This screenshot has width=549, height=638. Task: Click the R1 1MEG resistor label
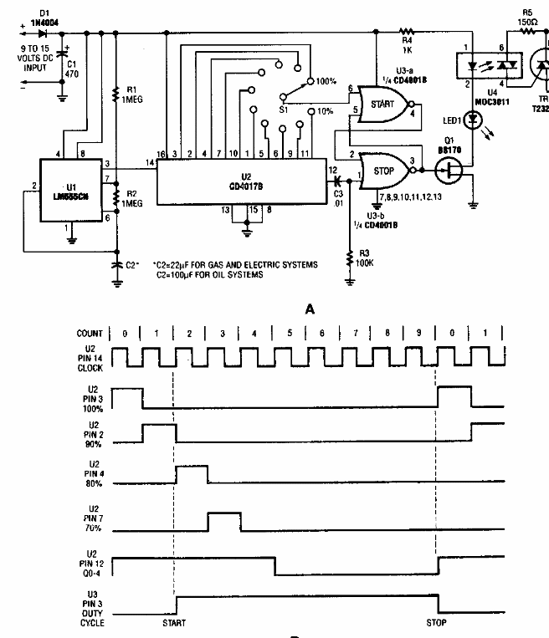point(130,94)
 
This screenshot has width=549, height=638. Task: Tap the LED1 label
point(442,122)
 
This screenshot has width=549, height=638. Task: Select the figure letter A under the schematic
point(310,309)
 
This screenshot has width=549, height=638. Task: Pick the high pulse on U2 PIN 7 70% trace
point(223,520)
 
